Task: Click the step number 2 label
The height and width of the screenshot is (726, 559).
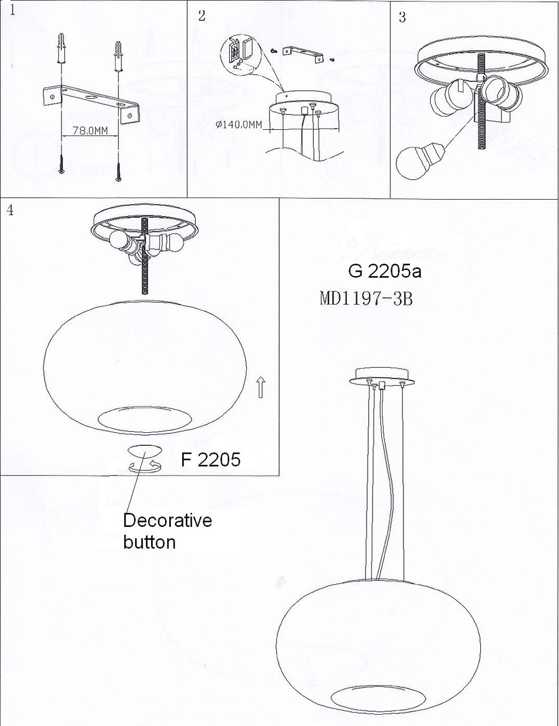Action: [x=202, y=15]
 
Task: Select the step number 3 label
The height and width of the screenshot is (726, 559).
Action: [x=402, y=16]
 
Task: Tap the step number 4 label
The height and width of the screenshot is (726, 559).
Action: [x=10, y=210]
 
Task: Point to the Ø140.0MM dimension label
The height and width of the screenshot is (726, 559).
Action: [x=239, y=124]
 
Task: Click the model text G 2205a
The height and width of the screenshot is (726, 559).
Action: [x=384, y=271]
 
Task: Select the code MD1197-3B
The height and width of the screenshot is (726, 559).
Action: [x=365, y=298]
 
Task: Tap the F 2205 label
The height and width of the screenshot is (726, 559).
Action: [x=211, y=459]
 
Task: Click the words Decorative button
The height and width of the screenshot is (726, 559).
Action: [x=167, y=531]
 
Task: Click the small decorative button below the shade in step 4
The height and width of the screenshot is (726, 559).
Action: [x=145, y=451]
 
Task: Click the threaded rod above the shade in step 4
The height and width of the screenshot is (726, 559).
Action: [x=144, y=267]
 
